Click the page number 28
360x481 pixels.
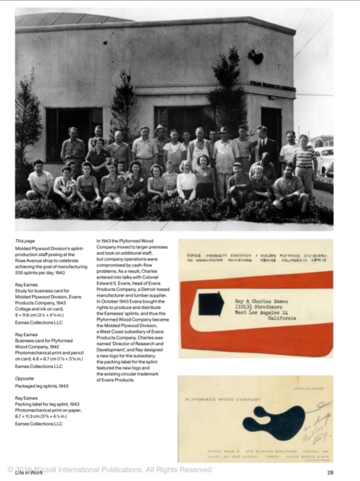[x=330, y=472]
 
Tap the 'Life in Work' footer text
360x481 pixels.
[x=28, y=472]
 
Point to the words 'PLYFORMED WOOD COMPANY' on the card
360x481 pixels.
[x=222, y=399]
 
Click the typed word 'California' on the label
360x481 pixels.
[x=281, y=318]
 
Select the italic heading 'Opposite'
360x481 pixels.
[x=25, y=378]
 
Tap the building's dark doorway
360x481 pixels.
[x=271, y=125]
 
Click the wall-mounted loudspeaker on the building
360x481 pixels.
[x=256, y=57]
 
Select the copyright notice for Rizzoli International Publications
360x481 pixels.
[x=110, y=469]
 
